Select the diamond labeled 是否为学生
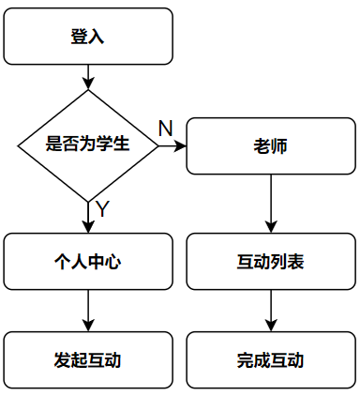pos(88,145)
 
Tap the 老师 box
pos(271,146)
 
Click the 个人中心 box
pos(88,261)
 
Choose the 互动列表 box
pos(271,261)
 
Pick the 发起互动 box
pos(88,359)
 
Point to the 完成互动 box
pos(271,359)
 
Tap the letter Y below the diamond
pos(103,209)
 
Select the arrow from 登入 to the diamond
pos(88,77)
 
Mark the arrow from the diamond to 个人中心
pos(88,217)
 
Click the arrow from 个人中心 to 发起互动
pos(88,310)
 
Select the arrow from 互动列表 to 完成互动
pos(271,310)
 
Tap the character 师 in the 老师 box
pos(279,146)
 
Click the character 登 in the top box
pos(79,37)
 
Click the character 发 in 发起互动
pos(63,360)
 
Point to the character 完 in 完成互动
pos(246,360)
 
